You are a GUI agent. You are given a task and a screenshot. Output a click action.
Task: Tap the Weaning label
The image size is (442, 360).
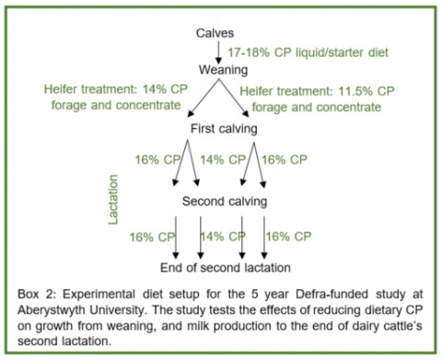click(x=226, y=69)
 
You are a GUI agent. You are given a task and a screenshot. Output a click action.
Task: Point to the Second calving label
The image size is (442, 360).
click(x=226, y=201)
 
